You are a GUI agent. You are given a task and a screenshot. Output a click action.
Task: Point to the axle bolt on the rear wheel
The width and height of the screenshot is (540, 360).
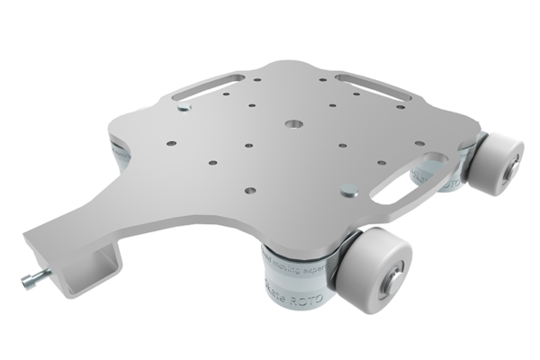(511, 168)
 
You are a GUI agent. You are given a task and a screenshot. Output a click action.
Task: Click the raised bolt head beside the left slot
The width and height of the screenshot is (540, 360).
(184, 109)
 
